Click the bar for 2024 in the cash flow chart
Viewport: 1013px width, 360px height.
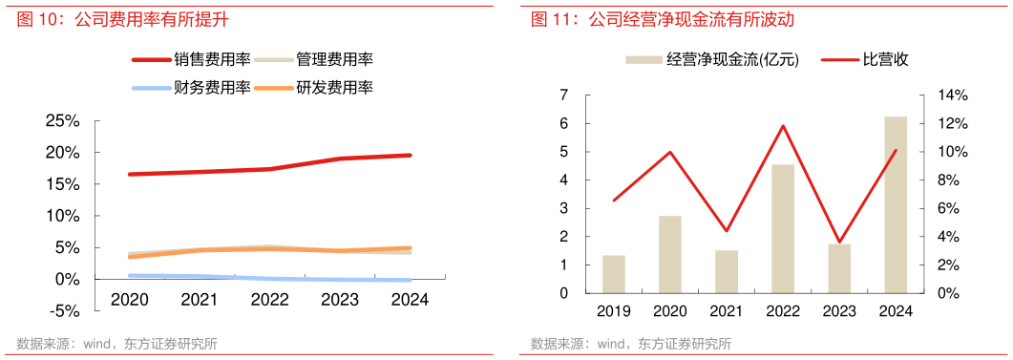tap(896, 204)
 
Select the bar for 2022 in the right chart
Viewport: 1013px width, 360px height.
tap(783, 229)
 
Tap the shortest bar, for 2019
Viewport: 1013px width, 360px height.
tap(613, 274)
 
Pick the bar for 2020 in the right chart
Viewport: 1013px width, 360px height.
tap(670, 254)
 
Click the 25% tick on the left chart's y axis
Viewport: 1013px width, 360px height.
tap(61, 121)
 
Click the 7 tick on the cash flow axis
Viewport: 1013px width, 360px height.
tap(563, 95)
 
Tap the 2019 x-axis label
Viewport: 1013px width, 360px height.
tap(613, 310)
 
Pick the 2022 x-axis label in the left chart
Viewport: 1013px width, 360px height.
tap(269, 299)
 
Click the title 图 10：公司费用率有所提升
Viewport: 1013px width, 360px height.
tap(122, 19)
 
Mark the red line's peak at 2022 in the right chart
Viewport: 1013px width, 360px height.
tap(783, 126)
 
